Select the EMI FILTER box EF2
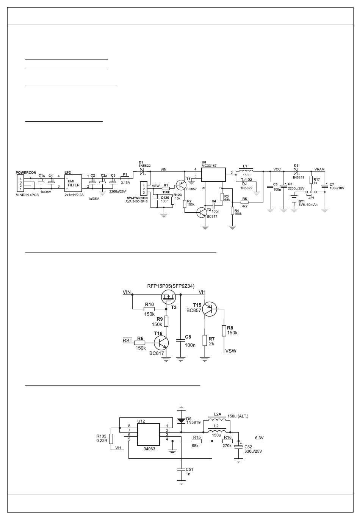[73, 183]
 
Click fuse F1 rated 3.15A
[125, 177]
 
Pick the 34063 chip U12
[148, 435]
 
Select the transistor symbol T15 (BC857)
[209, 309]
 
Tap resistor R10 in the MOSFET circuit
[149, 309]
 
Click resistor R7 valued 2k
[205, 340]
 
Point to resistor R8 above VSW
[224, 330]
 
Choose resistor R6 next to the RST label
[140, 343]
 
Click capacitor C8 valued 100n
[181, 340]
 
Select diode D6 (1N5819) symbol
[181, 421]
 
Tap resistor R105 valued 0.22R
[111, 439]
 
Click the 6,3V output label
[259, 438]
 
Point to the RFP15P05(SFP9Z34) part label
[171, 286]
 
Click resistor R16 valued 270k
[228, 441]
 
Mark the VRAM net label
[319, 169]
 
